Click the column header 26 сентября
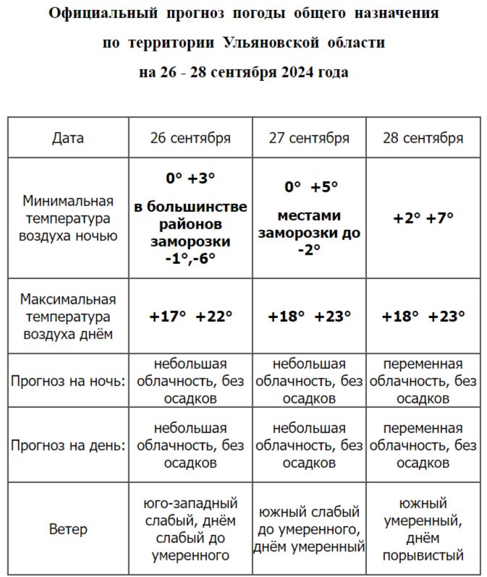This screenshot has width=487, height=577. tap(190, 138)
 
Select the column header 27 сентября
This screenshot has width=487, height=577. tap(309, 138)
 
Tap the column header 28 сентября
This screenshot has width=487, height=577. tap(423, 138)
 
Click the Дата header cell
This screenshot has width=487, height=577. tap(68, 138)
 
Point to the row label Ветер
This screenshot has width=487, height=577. tap(68, 529)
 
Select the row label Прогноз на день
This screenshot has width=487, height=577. tap(68, 445)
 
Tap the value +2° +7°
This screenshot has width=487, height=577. tap(423, 218)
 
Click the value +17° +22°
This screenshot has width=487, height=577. tap(190, 316)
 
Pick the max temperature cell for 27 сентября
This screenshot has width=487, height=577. tap(309, 316)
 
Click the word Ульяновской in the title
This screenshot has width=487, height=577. tap(267, 43)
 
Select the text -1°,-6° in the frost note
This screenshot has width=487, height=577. tap(190, 257)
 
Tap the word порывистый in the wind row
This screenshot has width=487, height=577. tap(423, 556)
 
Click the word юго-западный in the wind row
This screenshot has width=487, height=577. tap(190, 503)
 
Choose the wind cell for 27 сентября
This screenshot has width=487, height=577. tap(309, 529)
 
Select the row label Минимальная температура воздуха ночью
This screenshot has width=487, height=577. tap(68, 218)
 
